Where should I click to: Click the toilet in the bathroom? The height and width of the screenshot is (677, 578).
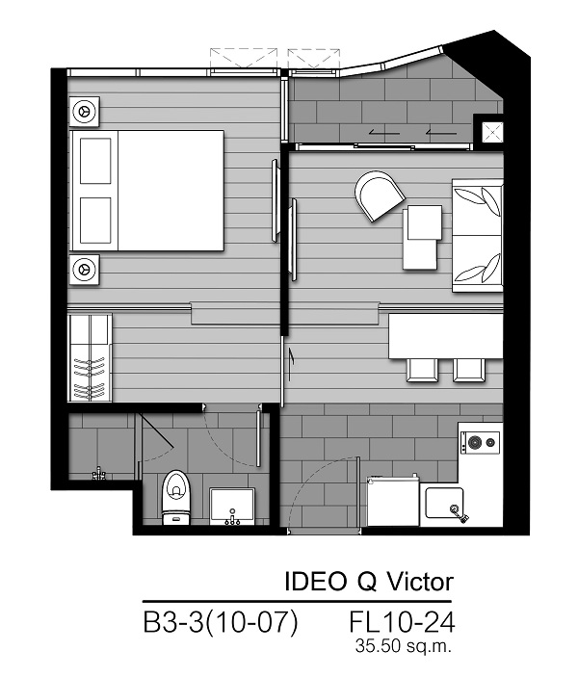pos(175,497)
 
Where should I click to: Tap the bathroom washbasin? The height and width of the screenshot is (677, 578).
pos(232,506)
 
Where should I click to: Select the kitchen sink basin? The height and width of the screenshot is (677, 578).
pos(444,503)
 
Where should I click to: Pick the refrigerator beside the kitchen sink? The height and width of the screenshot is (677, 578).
pos(393,501)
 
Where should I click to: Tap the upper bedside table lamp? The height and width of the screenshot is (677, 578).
pos(84,112)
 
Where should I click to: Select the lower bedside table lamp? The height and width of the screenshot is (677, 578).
pos(84,269)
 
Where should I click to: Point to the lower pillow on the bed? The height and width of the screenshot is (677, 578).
pos(95,221)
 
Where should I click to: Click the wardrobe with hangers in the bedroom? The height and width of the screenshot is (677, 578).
pos(90,358)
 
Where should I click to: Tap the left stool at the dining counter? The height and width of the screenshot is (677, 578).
pos(422,370)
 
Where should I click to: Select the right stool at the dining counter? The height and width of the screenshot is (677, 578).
pos(469,370)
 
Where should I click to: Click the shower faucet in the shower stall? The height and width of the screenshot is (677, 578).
pos(99,474)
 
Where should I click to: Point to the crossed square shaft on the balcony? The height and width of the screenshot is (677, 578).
pos(492,132)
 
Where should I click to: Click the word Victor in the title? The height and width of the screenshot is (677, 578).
pos(419,582)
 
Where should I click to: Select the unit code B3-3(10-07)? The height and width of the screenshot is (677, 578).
pos(221,622)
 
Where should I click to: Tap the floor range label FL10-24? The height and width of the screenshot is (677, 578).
pos(402,622)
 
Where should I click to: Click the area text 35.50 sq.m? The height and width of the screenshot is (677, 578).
pos(404,646)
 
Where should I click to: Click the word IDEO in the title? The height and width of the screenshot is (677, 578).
pos(315,582)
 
